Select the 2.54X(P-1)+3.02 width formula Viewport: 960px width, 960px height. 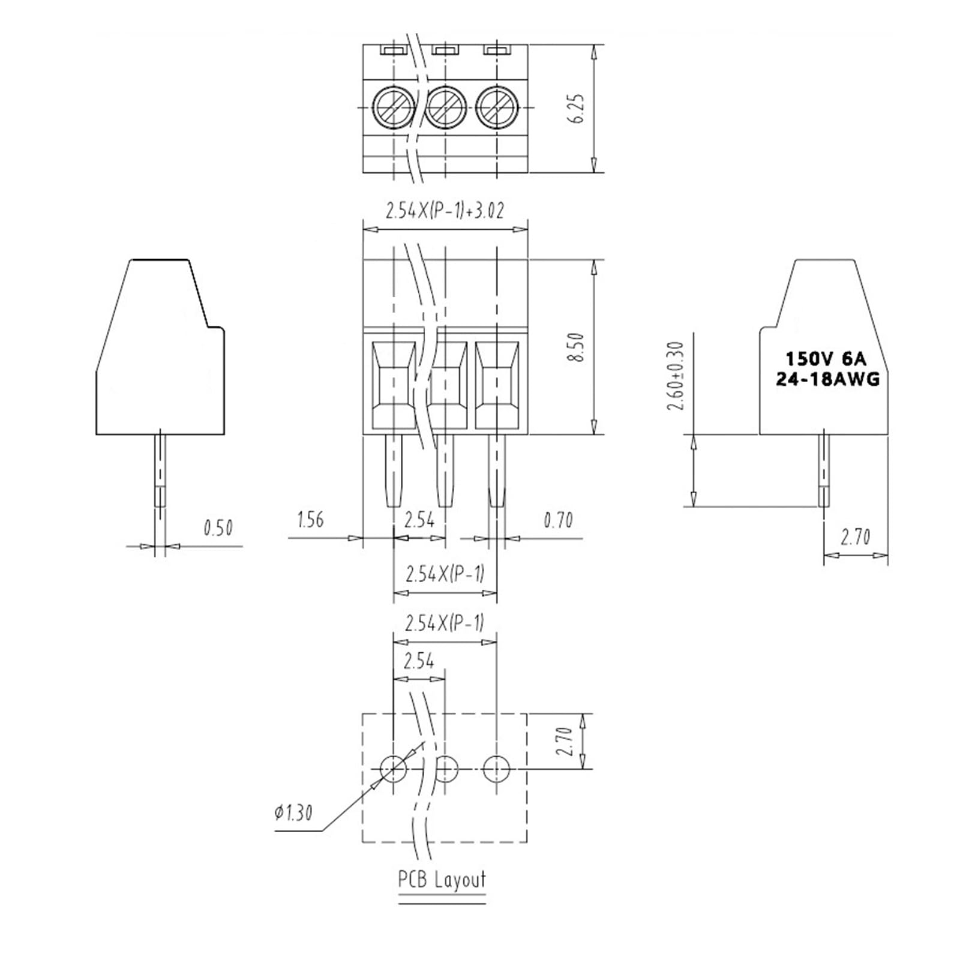pos(445,211)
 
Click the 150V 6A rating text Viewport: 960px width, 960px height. pos(826,359)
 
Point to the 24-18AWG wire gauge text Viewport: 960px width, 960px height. pos(827,379)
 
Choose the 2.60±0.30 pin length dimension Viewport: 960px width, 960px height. pos(676,376)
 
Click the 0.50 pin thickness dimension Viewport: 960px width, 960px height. pos(218,528)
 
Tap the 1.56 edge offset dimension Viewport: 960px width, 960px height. pos(310,520)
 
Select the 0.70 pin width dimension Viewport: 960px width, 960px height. pos(558,520)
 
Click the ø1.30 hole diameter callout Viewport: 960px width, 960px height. pos(293,813)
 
